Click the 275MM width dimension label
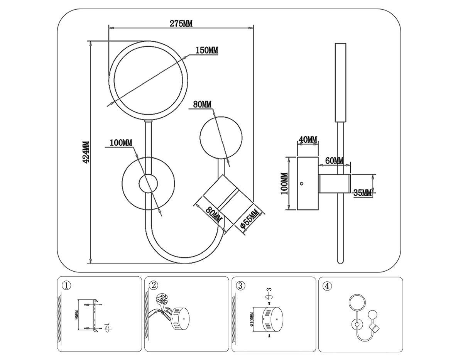pos(181,23)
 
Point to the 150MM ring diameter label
pos(207,50)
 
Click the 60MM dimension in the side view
pos(334,161)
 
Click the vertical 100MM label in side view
pos(284,183)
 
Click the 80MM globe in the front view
pos(220,137)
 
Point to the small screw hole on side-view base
pos(302,184)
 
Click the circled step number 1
pos(66,286)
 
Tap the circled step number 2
pos(154,286)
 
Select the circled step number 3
pos(240,286)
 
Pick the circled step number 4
pos(327,286)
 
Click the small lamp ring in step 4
pos(356,303)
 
